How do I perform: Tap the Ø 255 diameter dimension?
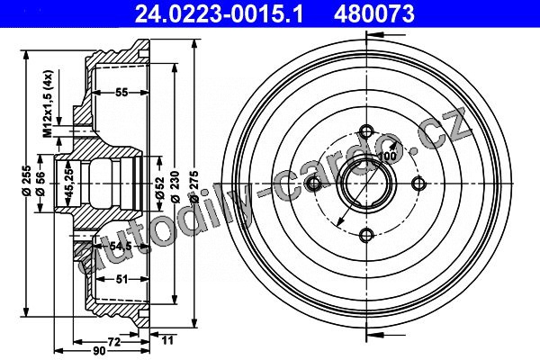point(27,179)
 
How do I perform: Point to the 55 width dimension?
point(121,93)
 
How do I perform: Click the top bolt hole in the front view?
point(365,130)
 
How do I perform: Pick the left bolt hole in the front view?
point(313,184)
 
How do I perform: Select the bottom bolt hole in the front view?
point(365,236)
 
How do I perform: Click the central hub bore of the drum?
point(365,184)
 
